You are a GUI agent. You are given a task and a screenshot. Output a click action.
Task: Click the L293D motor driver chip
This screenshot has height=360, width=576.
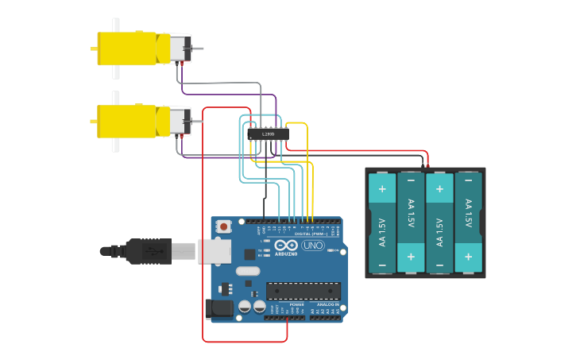pyautogui.click(x=268, y=134)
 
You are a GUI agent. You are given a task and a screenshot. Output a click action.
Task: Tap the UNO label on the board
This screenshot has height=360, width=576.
pyautogui.click(x=313, y=246)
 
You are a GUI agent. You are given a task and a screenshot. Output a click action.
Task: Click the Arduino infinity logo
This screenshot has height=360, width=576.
pyautogui.click(x=287, y=246)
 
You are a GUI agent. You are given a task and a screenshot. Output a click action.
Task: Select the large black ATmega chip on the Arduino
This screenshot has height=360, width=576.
pyautogui.click(x=303, y=291)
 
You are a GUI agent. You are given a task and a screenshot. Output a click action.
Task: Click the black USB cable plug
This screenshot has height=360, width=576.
pyautogui.click(x=148, y=251)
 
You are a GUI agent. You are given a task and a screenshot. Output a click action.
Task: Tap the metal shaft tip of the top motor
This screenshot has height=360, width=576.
pyautogui.click(x=199, y=48)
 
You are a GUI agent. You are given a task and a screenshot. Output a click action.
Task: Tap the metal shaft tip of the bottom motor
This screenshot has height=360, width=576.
pyautogui.click(x=199, y=122)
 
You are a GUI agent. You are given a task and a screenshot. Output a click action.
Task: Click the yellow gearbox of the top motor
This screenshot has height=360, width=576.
pyautogui.click(x=127, y=48)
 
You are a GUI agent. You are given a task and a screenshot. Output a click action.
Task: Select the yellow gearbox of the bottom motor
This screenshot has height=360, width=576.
pyautogui.click(x=127, y=122)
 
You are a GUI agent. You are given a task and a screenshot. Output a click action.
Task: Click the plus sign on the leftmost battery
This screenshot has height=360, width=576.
pyautogui.click(x=382, y=189)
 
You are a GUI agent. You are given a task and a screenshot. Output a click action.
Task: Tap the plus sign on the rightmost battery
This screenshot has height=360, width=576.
pyautogui.click(x=468, y=257)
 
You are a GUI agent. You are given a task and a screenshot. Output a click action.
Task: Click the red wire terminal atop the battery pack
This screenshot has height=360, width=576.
pyautogui.click(x=427, y=167)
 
